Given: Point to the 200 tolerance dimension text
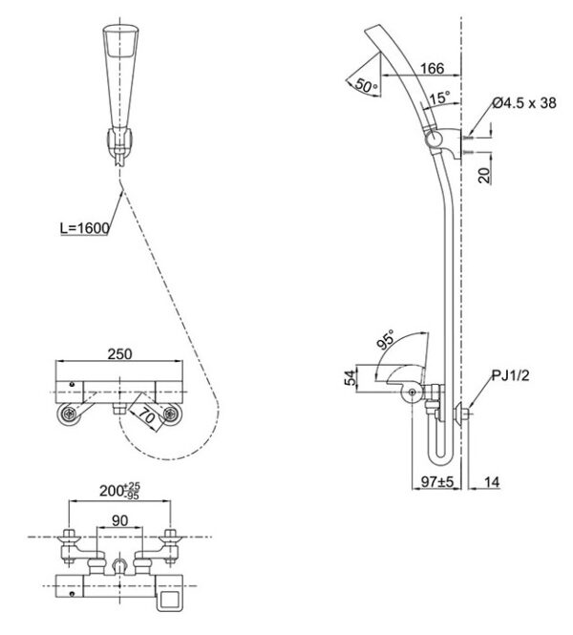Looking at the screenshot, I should (x=120, y=491).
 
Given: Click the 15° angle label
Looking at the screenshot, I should (x=438, y=97).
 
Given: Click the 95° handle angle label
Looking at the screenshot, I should (x=387, y=340).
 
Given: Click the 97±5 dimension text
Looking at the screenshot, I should (x=435, y=483).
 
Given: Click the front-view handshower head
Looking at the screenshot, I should (x=118, y=67).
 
